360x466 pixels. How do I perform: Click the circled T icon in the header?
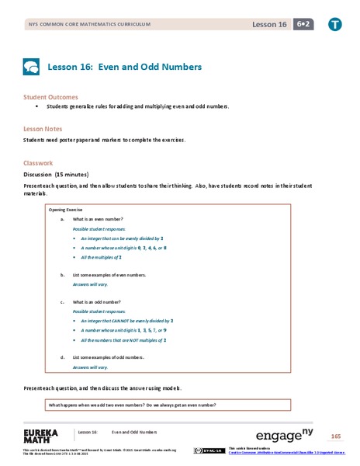click(x=335, y=25)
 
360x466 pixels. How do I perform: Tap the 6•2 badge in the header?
click(x=303, y=25)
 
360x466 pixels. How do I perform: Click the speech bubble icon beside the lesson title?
click(x=31, y=67)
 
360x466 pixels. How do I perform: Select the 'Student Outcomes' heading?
click(x=51, y=97)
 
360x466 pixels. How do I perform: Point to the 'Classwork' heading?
click(x=38, y=163)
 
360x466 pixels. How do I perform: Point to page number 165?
click(x=335, y=435)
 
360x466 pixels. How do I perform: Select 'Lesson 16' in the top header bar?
click(x=269, y=25)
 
